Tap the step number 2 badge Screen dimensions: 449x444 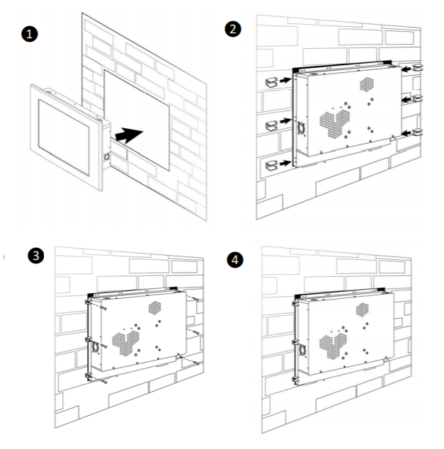point(231,30)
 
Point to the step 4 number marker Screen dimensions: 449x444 point(236,260)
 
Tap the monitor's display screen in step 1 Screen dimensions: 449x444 point(63,137)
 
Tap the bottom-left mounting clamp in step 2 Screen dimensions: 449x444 point(271,165)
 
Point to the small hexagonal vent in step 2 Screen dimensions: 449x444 point(367,84)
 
